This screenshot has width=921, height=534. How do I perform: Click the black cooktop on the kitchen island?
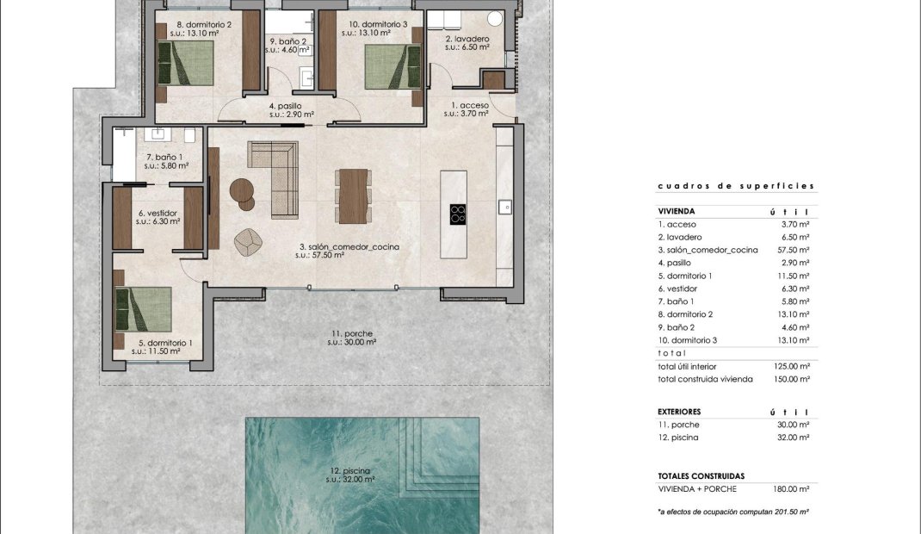point(457,214)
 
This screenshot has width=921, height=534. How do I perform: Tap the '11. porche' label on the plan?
point(351,333)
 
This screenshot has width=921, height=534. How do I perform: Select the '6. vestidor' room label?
point(157,214)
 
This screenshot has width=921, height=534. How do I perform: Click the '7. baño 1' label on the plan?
point(164,157)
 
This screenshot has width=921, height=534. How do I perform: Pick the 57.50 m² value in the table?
point(792,250)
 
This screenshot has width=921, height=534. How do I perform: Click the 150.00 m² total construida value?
point(792,379)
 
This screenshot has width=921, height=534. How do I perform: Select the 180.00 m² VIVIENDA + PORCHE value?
point(792,488)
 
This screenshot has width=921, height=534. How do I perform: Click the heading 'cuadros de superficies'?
point(735,185)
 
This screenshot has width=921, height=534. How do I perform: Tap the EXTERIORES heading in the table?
point(679,412)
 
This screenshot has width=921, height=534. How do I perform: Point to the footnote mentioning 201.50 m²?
point(732,511)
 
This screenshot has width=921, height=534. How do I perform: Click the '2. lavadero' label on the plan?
point(467,40)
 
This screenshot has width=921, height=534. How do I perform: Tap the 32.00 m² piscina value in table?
point(792,438)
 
